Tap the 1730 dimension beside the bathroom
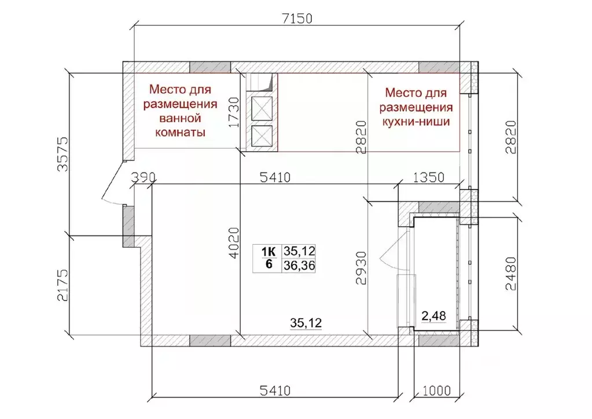point(234,112)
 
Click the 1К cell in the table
point(269,252)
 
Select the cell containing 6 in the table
point(269,265)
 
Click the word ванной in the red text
point(179,119)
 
